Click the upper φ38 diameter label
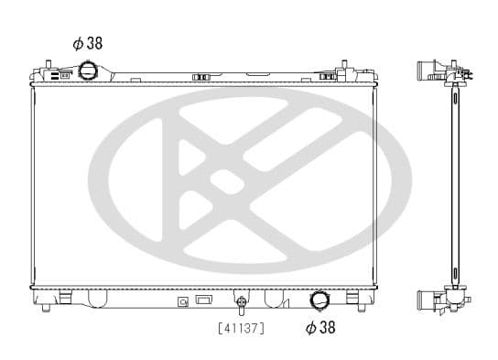(x=88, y=44)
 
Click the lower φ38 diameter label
(x=320, y=327)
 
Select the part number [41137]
(x=242, y=328)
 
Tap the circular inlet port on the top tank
(x=87, y=71)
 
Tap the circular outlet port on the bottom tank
(x=319, y=300)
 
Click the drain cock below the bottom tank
(x=242, y=304)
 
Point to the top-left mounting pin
(x=49, y=65)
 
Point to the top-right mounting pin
(x=344, y=65)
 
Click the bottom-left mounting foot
(x=46, y=308)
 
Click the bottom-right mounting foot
(x=362, y=308)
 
